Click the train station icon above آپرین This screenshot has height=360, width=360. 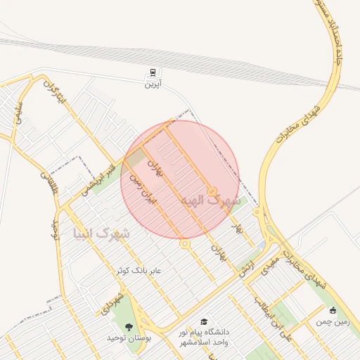(153, 73)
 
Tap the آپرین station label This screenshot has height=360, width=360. (153, 84)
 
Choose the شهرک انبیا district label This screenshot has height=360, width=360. (101, 231)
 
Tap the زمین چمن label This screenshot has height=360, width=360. (333, 321)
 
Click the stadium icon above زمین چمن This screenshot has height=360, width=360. (333, 310)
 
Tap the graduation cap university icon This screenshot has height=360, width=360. (204, 321)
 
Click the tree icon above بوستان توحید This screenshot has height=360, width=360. (129, 327)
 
